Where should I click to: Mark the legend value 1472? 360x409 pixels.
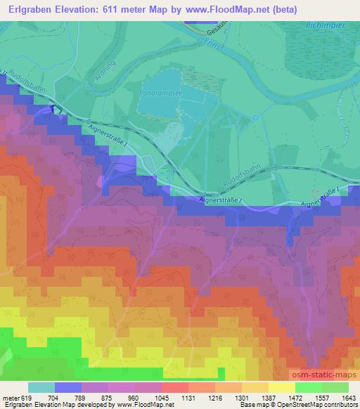click(285, 397)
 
